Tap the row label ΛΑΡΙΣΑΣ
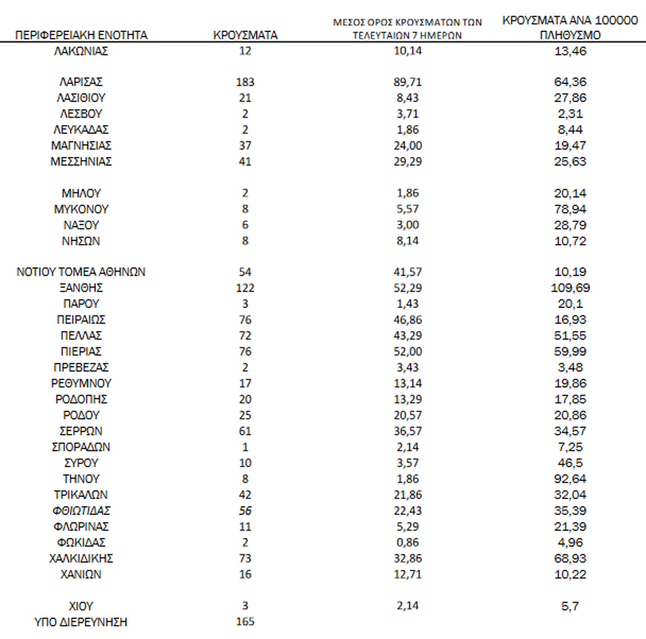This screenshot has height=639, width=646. click(82, 81)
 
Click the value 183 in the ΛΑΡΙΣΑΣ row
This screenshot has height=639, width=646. click(245, 81)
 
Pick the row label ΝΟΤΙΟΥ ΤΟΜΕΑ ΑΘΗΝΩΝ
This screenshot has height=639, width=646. click(81, 272)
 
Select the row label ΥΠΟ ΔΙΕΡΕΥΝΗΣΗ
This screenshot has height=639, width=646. click(82, 622)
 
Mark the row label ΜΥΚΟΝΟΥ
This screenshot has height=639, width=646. click(82, 209)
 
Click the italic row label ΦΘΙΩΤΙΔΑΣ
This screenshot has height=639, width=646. click(82, 511)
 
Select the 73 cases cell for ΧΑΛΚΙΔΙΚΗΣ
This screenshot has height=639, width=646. click(245, 558)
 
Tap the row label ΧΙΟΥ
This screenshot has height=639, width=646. click(82, 606)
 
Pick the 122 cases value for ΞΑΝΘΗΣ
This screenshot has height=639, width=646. click(245, 288)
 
